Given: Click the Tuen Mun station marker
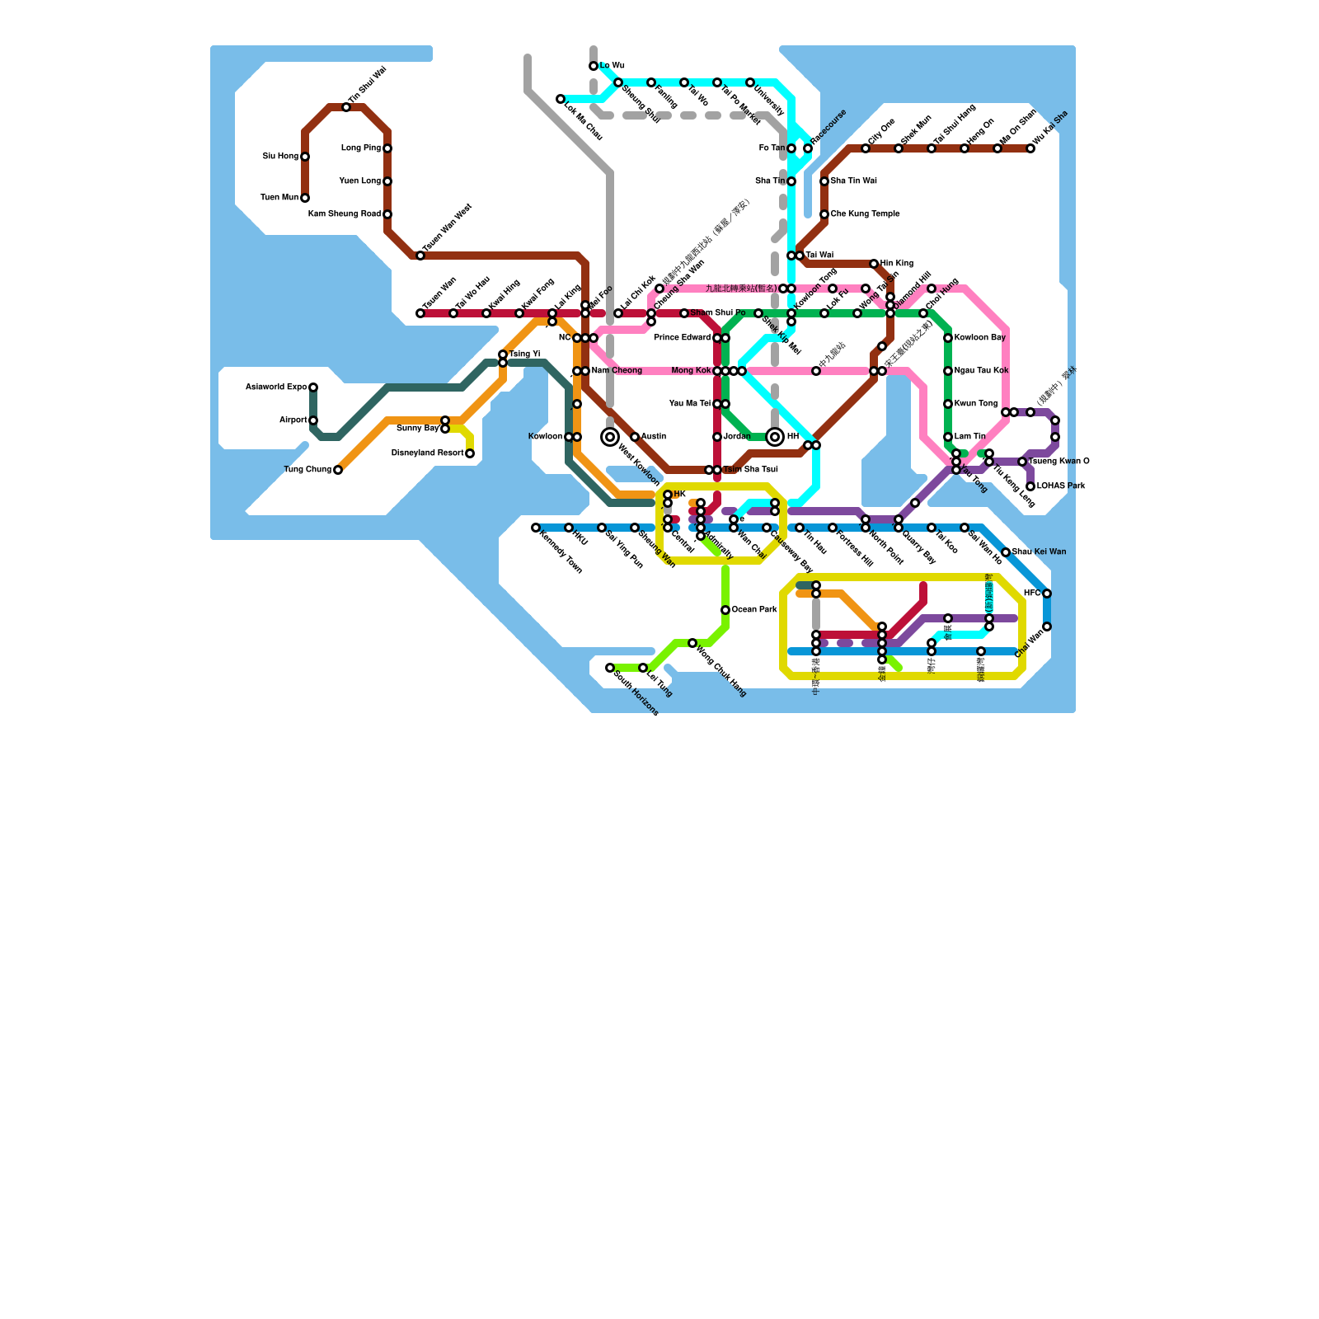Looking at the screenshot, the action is [305, 198].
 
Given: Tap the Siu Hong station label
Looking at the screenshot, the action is [280, 157].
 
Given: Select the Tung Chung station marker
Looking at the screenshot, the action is [338, 470].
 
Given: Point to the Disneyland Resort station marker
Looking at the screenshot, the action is [470, 453].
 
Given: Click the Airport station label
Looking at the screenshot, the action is [293, 420].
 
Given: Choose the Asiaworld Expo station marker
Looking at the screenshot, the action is [313, 387].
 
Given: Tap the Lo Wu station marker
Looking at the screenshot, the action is [594, 66].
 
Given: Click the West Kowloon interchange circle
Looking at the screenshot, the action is [610, 437].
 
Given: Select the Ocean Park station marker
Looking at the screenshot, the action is [725, 610].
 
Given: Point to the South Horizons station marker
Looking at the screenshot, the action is [610, 668].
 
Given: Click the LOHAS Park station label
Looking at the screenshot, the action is [1061, 486].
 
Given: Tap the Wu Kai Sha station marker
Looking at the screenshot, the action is [1030, 148].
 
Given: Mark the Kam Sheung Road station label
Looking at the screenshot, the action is [344, 214].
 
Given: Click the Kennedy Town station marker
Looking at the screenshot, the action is [536, 528].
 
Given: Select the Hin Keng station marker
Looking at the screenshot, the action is [874, 264].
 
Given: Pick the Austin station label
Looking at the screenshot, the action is [654, 437].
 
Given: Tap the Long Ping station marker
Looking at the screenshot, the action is [387, 148].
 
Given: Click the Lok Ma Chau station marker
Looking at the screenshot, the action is [561, 99].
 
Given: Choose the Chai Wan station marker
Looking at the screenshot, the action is [1047, 627].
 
